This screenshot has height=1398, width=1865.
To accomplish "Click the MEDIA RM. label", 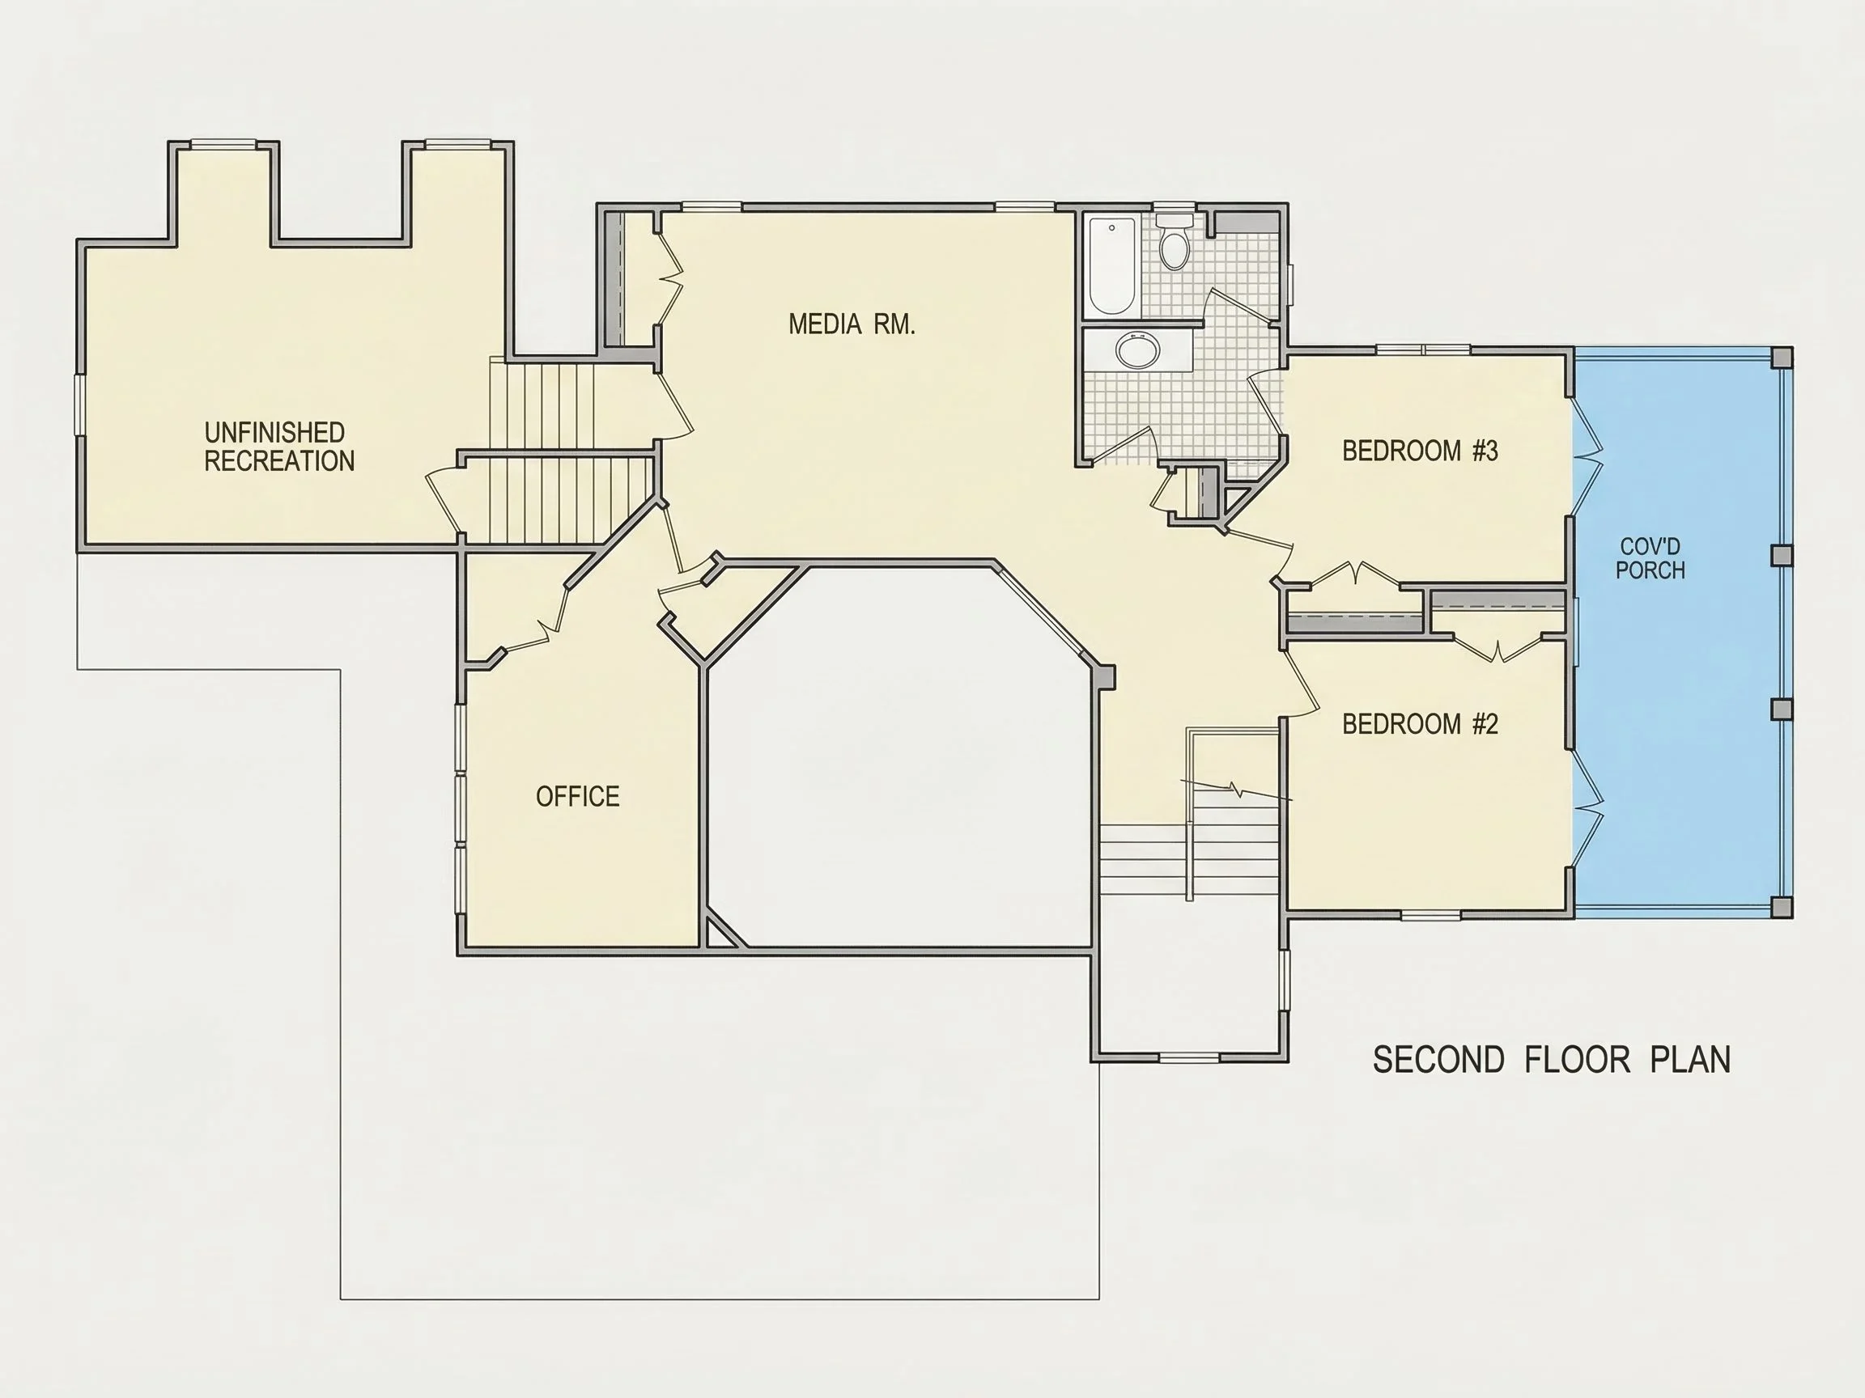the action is click(852, 324).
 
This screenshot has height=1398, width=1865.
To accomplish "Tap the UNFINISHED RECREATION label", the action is click(279, 447).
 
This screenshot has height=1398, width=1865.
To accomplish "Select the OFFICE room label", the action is click(577, 796).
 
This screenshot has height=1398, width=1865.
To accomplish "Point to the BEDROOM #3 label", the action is click(1420, 451).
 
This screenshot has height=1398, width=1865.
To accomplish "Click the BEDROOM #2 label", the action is click(1420, 724).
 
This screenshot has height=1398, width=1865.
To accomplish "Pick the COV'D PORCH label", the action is click(1650, 559).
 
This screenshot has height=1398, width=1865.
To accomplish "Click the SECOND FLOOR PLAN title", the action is click(1552, 1060).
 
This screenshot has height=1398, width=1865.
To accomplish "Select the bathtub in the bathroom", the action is click(1111, 265).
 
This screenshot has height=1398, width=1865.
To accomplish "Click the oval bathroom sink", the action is click(1137, 349).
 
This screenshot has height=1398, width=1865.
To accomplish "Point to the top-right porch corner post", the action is click(1782, 358).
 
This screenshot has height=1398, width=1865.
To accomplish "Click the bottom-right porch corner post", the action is click(1782, 907).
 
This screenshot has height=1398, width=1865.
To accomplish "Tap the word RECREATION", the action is click(279, 461).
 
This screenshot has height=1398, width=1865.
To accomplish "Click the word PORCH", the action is click(1650, 570).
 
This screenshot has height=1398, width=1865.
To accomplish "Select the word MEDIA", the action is click(825, 324).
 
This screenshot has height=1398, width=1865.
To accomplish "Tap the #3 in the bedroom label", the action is click(1485, 451).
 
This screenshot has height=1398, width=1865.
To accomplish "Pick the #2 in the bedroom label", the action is click(1485, 724).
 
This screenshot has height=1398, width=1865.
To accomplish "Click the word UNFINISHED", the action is click(275, 432).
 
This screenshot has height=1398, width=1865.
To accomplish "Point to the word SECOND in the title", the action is click(1438, 1060).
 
